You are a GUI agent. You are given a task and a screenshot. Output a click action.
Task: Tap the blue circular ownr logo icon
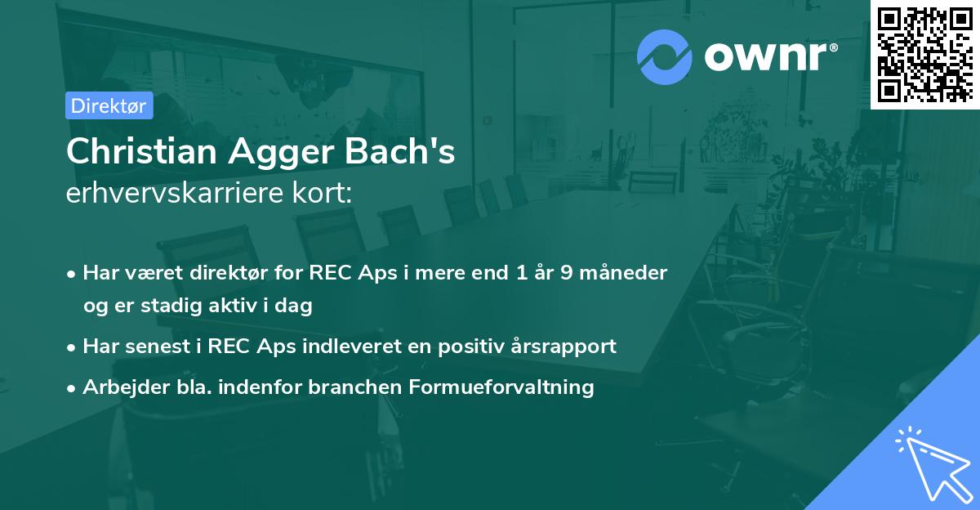point(665,56)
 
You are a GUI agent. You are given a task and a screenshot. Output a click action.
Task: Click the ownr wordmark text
point(769,56)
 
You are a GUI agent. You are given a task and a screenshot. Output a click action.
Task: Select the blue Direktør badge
point(109,105)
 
